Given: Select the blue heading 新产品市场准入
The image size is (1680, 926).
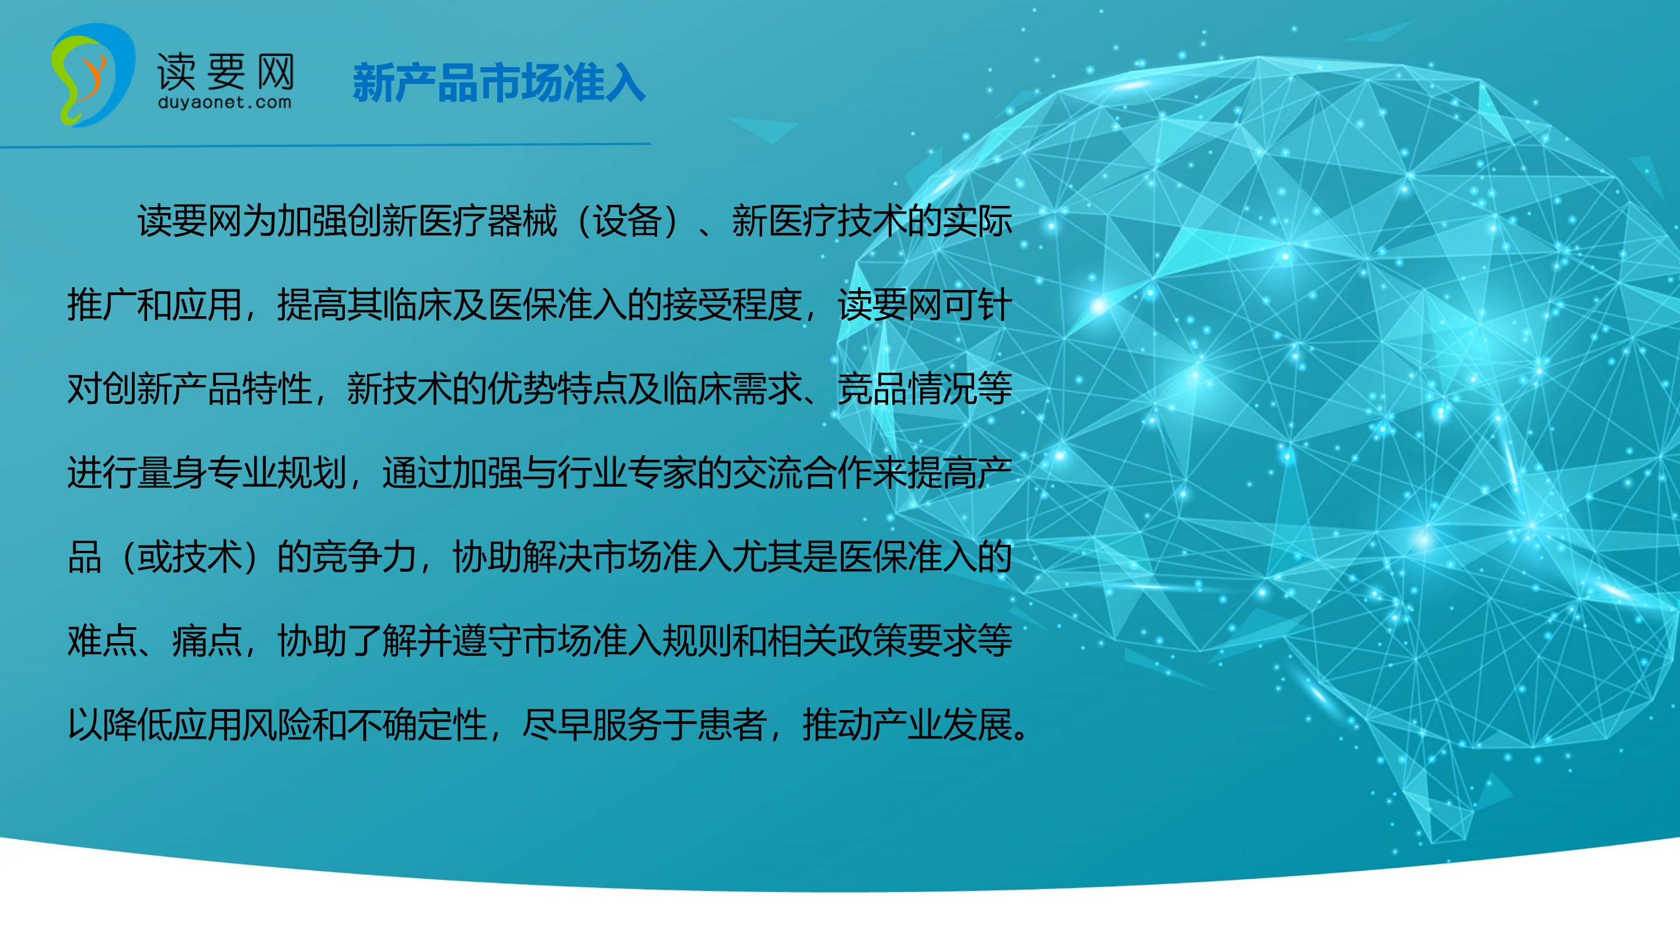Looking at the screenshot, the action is coord(499,83).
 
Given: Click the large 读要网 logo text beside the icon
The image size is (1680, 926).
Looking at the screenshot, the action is coord(226,71).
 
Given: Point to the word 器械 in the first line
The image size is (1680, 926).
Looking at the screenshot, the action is coord(522,221).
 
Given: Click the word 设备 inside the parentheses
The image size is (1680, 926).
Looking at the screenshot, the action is coord(627,221).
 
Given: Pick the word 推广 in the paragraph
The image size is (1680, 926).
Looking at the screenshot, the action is coord(102,305).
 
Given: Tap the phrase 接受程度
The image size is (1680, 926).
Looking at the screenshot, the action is coord(732,305).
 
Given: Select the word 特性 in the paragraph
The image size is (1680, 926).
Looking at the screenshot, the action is coord(277,389).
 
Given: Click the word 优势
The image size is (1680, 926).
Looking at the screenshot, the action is coord(522,389).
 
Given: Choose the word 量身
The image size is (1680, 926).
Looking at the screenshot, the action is coord(172,473).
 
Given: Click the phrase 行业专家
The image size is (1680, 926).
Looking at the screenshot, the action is coord(627,473).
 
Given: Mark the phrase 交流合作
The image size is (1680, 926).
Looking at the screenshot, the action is coord(802,473).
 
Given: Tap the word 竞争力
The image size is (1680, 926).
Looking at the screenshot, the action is coord(365,557).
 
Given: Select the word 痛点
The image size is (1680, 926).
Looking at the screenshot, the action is coord(207,640).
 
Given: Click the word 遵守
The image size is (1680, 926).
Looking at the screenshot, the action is coord(487,640).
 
